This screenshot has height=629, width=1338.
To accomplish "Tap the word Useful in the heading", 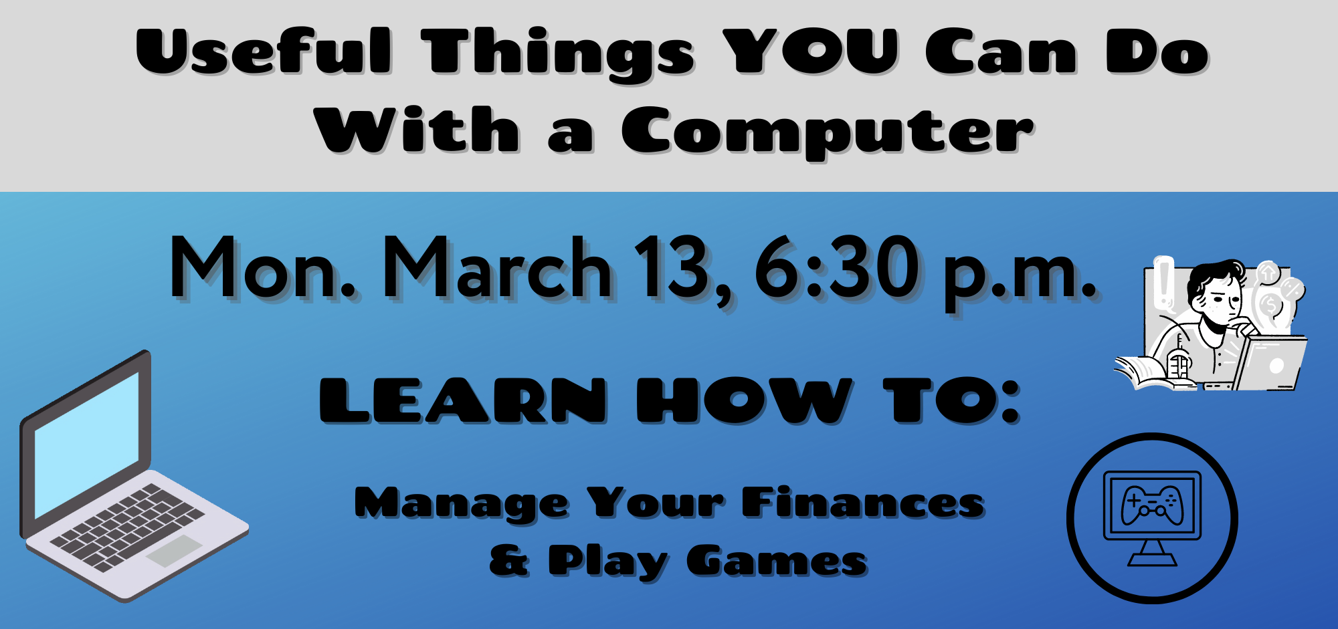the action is (264, 51).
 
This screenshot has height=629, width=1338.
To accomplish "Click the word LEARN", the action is (463, 400).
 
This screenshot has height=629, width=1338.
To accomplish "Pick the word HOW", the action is (745, 400).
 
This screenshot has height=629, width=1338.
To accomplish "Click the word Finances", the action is (863, 503).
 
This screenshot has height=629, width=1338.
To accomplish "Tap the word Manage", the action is (462, 505).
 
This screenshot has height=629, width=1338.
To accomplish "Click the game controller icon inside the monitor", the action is (1152, 505).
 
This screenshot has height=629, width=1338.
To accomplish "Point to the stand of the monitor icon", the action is (1152, 553).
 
